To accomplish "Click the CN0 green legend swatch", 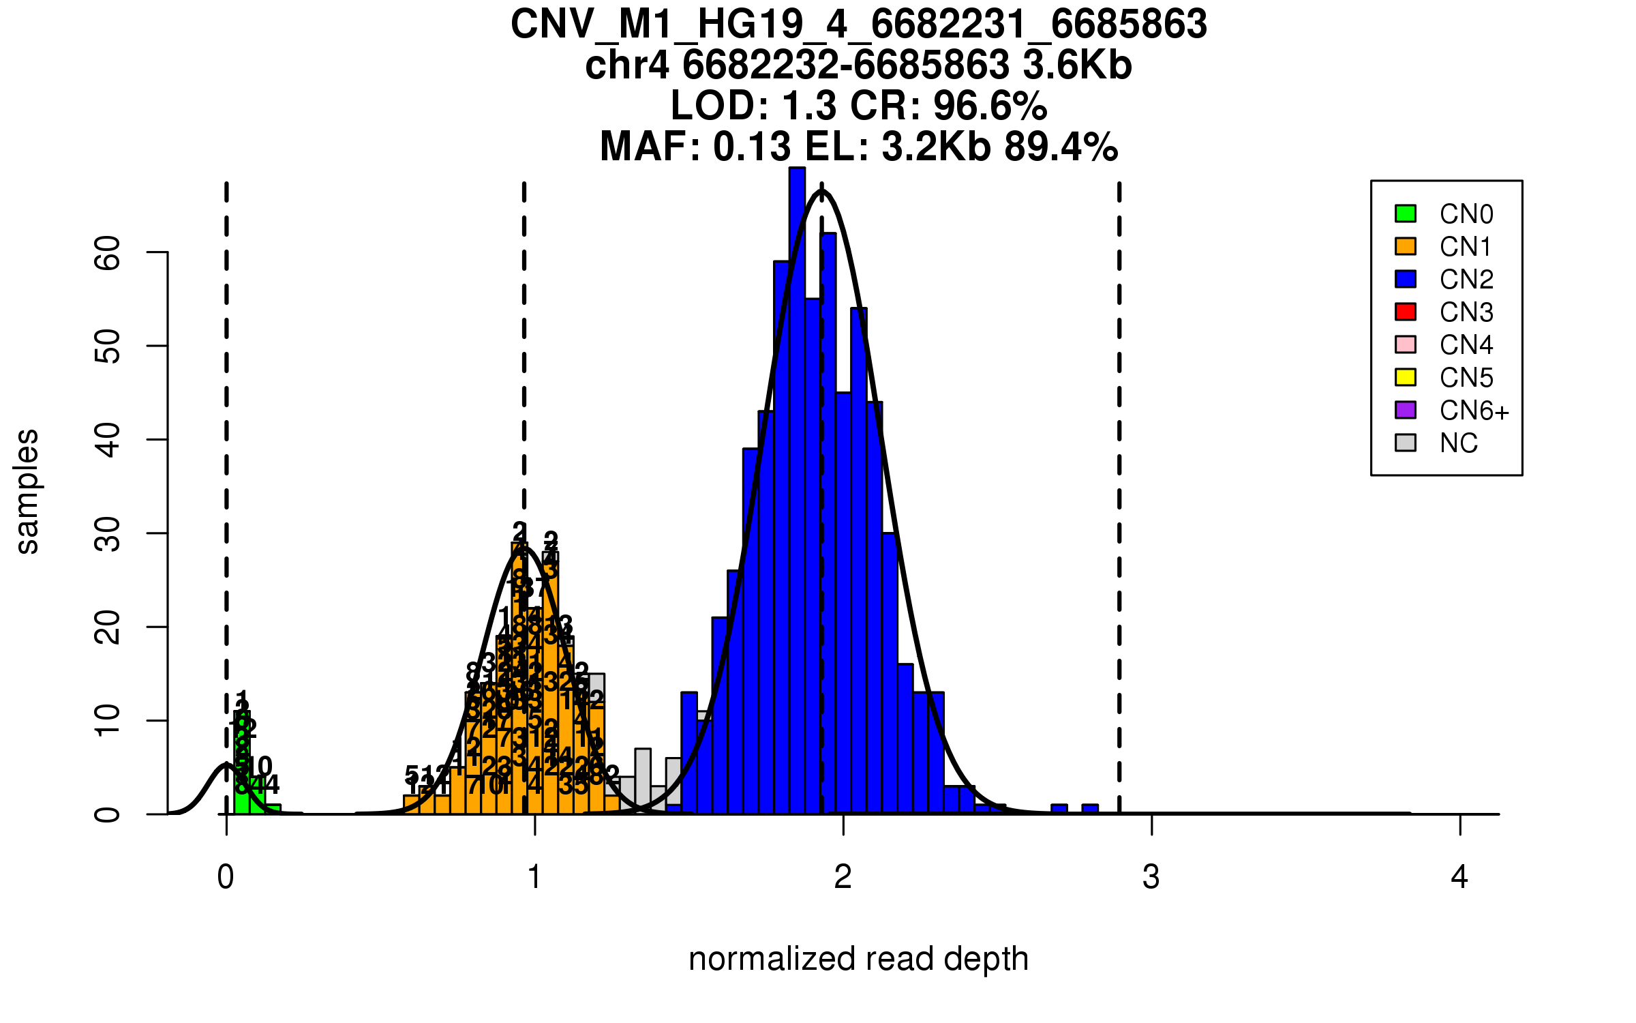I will [x=1406, y=213].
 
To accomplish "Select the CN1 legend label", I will [x=1466, y=246].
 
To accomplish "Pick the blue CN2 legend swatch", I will [x=1406, y=279].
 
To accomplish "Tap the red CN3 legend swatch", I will [x=1406, y=312].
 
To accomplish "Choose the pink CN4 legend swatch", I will [x=1406, y=344].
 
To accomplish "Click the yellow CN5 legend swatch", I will [x=1406, y=377].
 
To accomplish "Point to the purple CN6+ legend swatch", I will [x=1406, y=410].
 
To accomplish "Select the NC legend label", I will [x=1459, y=443].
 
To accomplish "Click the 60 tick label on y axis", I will [x=108, y=253].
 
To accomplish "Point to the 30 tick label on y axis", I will [x=108, y=533].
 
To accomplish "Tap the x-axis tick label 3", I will [x=1151, y=877].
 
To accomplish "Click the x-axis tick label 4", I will [x=1459, y=877].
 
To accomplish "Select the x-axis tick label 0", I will [x=226, y=877].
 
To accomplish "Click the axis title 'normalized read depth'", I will [x=858, y=959].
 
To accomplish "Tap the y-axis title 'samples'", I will [x=27, y=491].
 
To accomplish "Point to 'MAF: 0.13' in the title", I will [x=695, y=147].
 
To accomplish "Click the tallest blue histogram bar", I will [x=797, y=491].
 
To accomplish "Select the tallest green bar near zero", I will [x=242, y=764].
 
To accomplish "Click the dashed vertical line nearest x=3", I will [x=1119, y=498].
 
